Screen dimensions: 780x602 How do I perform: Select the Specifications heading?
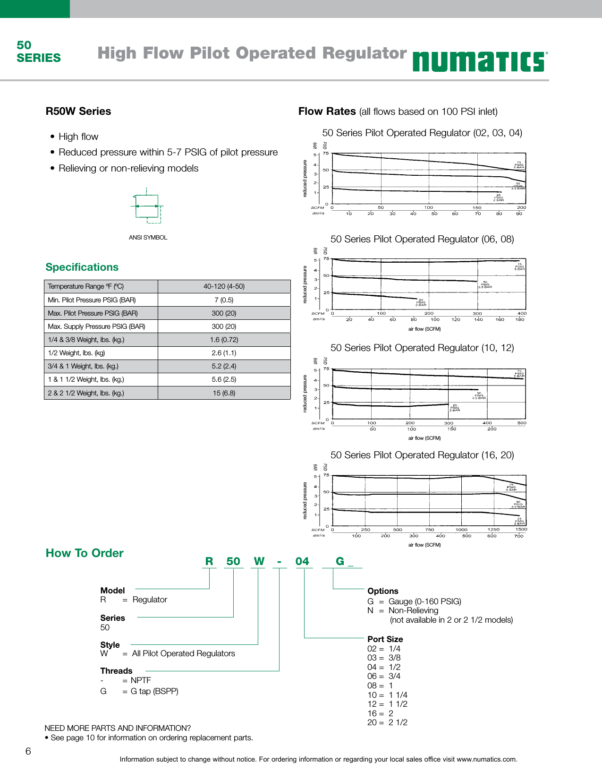coord(82,267)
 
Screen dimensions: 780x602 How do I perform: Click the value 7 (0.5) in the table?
coord(224,300)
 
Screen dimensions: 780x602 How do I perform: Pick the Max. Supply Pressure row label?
coord(96,326)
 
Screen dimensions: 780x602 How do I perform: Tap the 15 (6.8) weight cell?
coord(224,393)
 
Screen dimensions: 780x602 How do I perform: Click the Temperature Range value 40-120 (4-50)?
coord(224,286)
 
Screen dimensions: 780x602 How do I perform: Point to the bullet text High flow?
coord(78,137)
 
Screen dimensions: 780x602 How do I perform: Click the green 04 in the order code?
coord(302,561)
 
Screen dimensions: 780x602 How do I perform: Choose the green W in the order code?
coord(259,561)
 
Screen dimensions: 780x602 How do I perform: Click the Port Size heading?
coord(385,639)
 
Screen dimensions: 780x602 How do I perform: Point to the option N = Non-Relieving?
coord(403,611)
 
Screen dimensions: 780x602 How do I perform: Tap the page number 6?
coord(28,752)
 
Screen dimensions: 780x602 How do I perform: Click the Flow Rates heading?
coord(327,111)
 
